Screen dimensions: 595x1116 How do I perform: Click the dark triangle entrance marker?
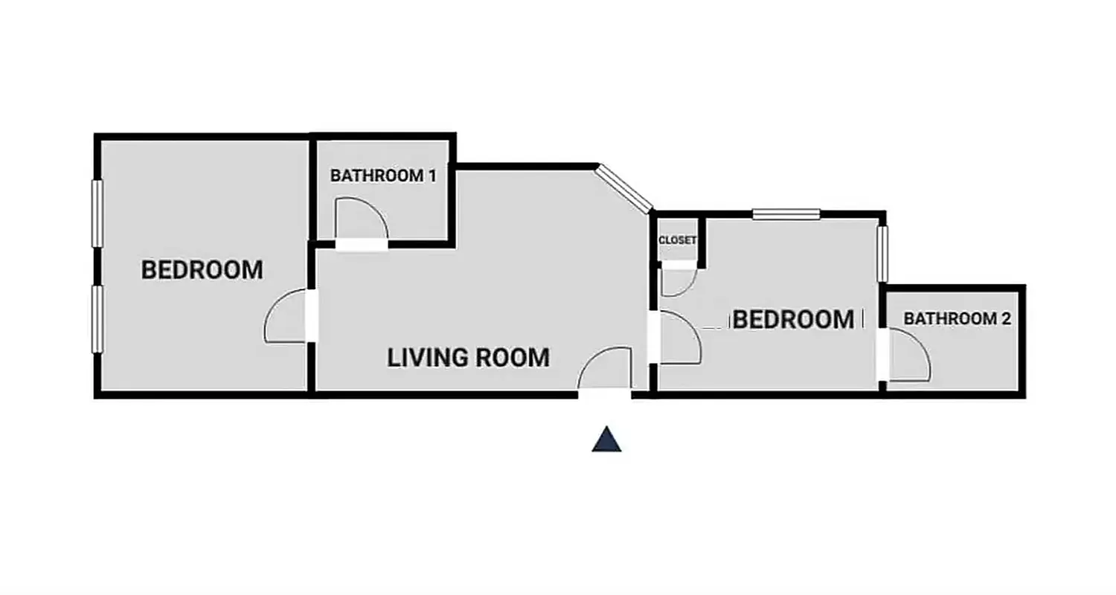(x=606, y=440)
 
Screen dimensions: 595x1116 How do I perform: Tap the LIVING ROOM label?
(x=468, y=358)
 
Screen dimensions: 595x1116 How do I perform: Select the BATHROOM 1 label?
(x=382, y=176)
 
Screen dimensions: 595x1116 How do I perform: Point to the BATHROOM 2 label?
(x=957, y=319)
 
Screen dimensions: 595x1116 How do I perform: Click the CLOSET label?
(x=677, y=240)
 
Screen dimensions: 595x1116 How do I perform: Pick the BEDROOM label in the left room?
(x=202, y=270)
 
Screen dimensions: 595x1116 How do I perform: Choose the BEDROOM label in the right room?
(x=793, y=320)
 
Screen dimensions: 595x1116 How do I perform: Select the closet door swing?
(x=676, y=280)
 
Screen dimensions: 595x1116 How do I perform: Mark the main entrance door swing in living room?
(x=606, y=369)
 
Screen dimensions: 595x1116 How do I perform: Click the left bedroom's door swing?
(x=286, y=318)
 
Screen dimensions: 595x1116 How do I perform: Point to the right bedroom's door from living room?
(x=678, y=338)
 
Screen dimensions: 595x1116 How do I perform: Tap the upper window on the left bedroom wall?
(x=97, y=213)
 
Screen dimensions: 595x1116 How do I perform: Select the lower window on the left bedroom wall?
(x=97, y=320)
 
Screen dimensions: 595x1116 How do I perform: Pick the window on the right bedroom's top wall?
(x=786, y=214)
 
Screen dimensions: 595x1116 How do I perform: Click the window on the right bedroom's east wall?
(x=882, y=254)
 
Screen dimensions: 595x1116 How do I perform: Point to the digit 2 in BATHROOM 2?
(x=1005, y=319)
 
